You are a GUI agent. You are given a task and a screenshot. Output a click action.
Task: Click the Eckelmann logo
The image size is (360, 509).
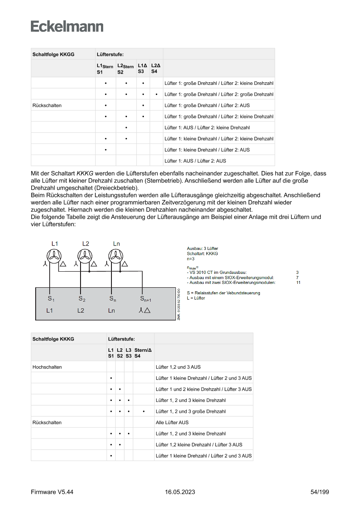coord(67,27)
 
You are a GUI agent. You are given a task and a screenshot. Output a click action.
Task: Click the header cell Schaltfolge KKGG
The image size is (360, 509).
coord(53,54)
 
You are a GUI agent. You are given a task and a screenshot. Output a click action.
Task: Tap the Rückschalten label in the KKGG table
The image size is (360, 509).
coord(47,105)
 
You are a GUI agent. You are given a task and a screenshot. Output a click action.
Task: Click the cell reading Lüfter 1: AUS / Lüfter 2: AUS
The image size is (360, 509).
coord(195,161)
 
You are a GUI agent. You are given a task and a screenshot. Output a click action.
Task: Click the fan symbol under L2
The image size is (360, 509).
coord(85,257)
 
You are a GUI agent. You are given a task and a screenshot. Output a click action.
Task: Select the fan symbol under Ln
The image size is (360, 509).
coord(116,257)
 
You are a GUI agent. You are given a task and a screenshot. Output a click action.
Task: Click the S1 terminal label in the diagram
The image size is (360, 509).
coord(51,299)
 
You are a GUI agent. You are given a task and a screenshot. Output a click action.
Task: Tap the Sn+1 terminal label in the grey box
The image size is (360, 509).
coord(145,299)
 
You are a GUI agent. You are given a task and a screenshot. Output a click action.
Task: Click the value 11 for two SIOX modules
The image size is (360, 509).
coord(298,283)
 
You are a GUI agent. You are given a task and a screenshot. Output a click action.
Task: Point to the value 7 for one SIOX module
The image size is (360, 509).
coord(297,277)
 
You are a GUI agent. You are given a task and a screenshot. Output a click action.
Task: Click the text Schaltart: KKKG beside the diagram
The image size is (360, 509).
coord(202,253)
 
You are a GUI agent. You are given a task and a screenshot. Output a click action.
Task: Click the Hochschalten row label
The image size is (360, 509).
coord(47,367)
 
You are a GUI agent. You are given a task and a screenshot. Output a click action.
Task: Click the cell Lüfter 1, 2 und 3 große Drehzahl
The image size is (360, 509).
coord(191,411)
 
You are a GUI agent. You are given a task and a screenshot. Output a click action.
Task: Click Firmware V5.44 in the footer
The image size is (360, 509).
coord(52,492)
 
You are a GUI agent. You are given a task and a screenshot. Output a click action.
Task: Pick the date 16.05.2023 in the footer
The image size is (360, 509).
coord(180,492)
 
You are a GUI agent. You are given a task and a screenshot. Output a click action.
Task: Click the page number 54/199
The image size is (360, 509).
coord(320,492)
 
